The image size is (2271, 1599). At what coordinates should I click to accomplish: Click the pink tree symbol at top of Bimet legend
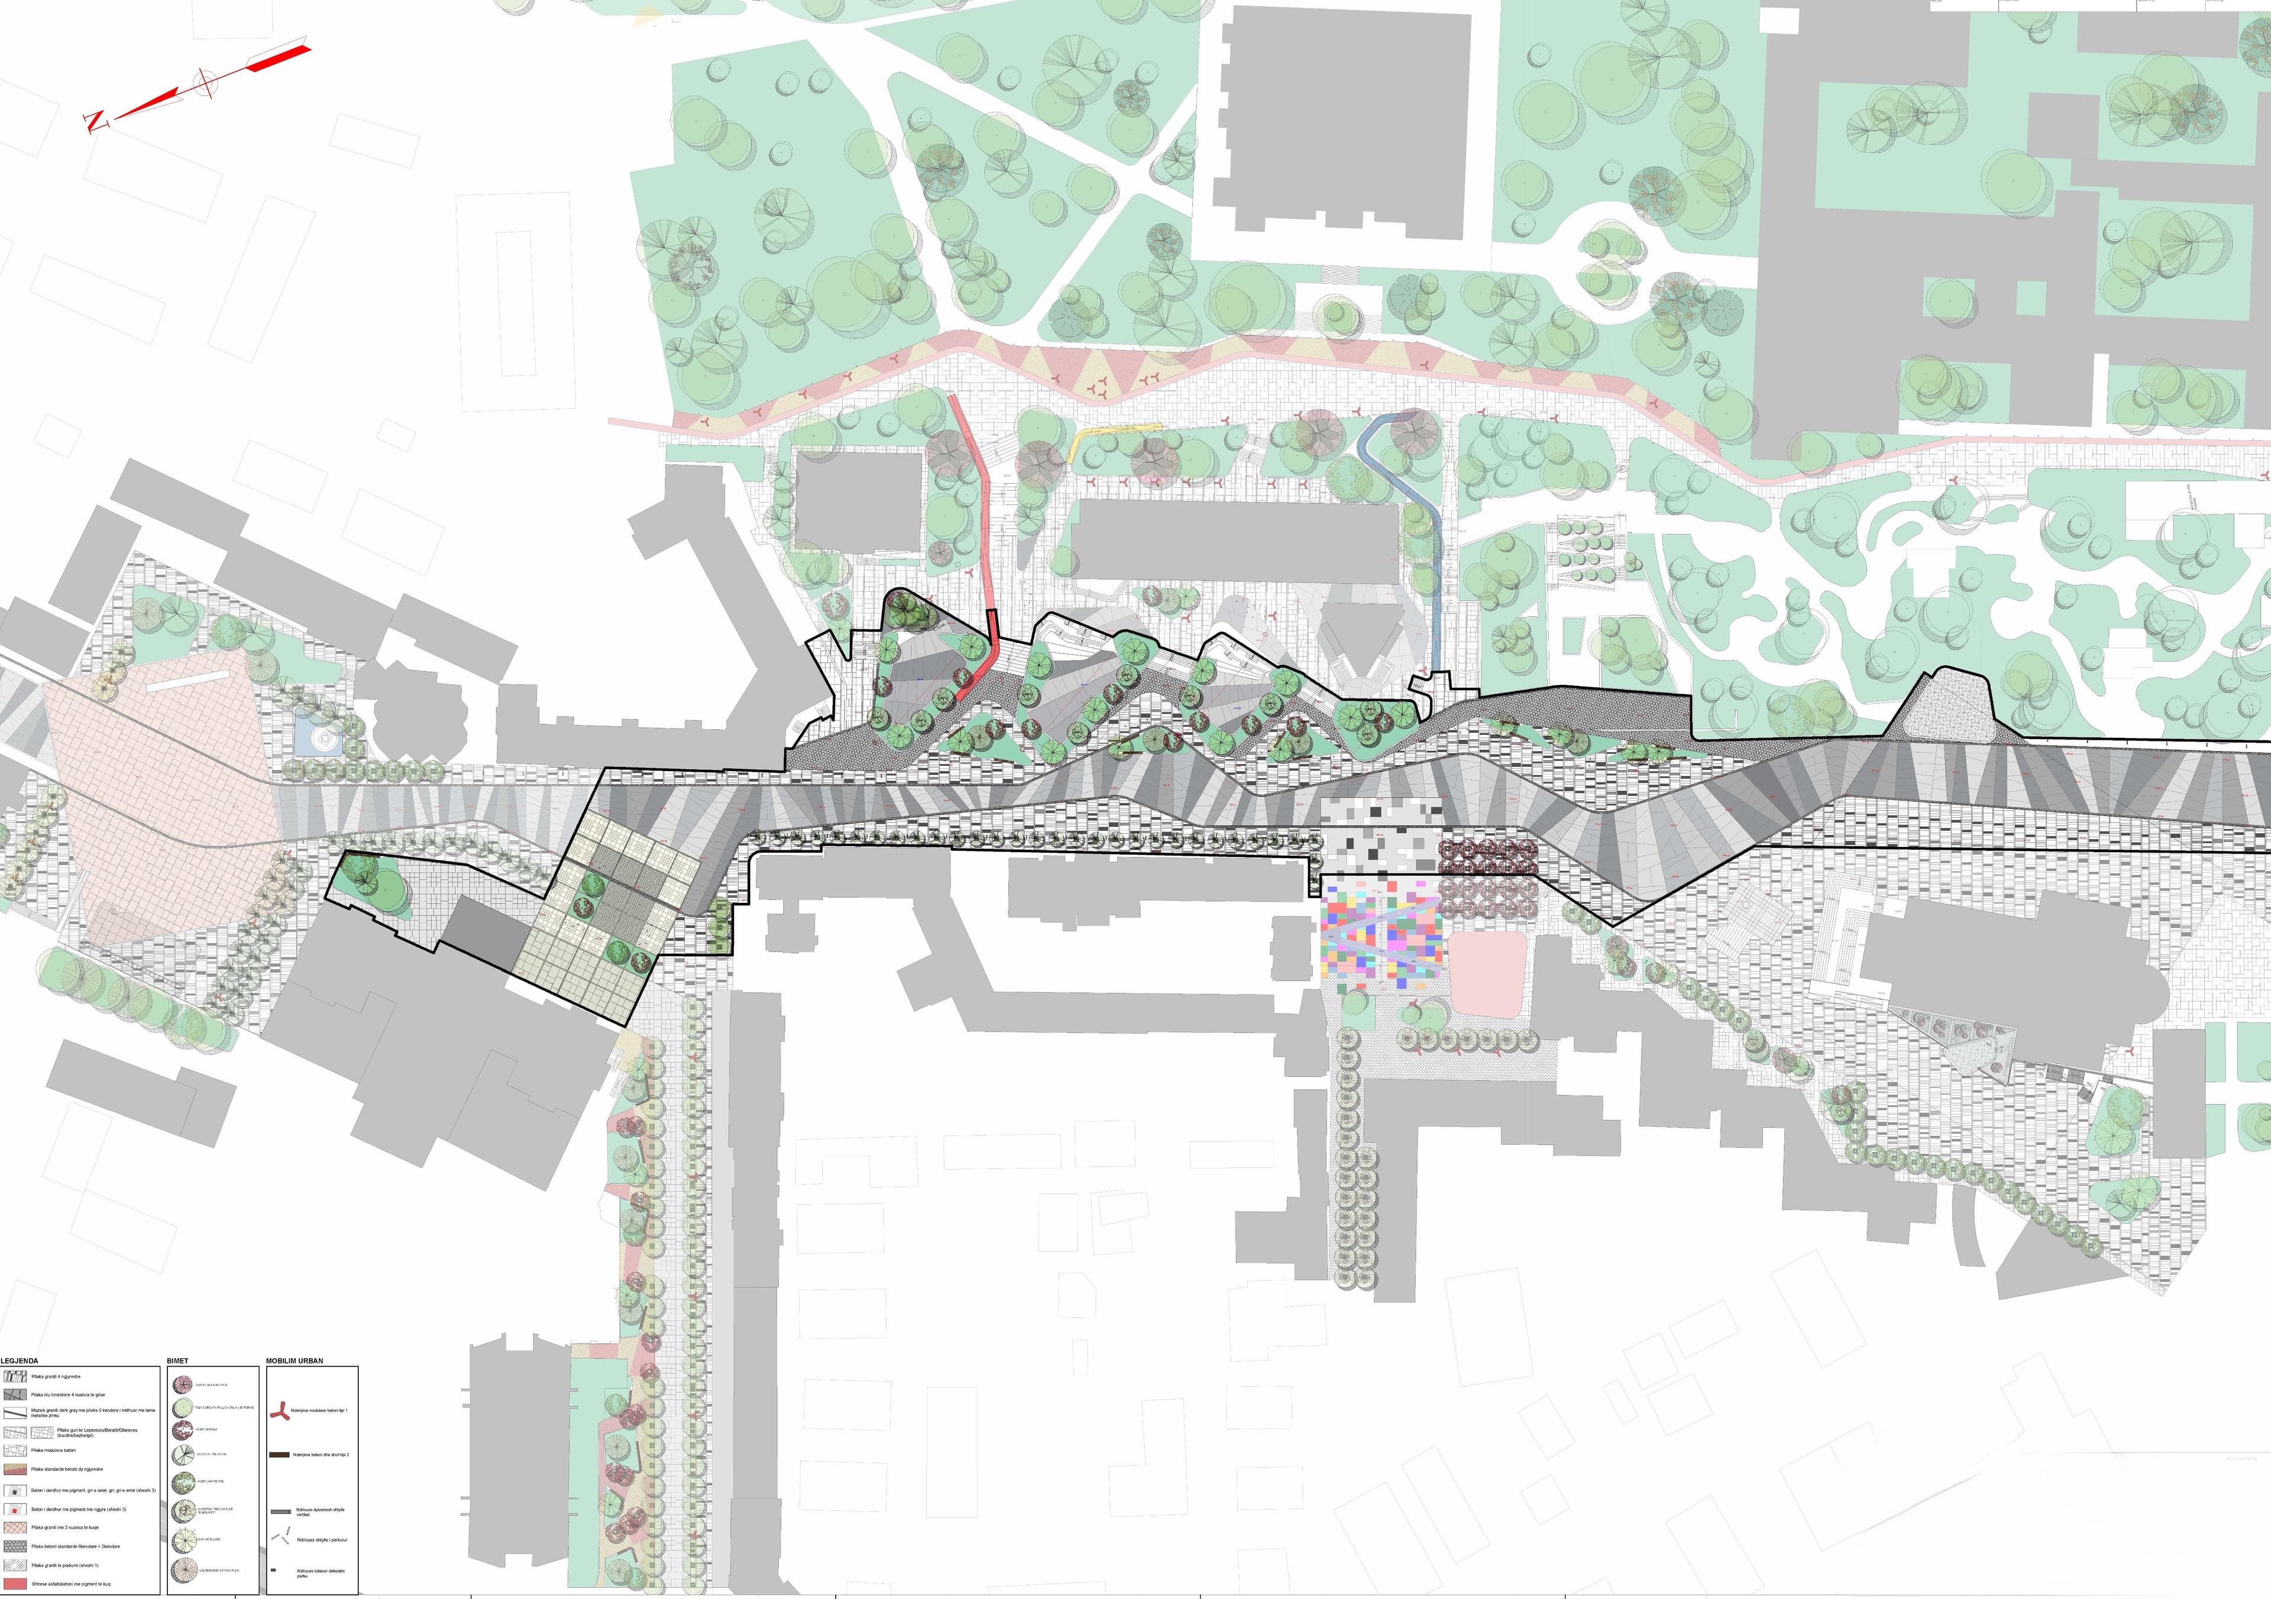click(x=182, y=1383)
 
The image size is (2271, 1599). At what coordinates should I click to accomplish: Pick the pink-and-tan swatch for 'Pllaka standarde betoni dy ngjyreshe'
click(x=14, y=1468)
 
